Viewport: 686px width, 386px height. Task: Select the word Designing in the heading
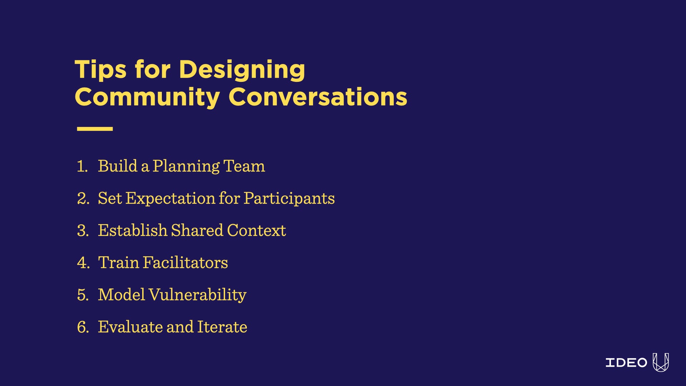pyautogui.click(x=242, y=70)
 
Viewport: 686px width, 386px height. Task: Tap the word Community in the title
pyautogui.click(x=147, y=97)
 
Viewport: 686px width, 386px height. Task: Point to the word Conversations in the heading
pyautogui.click(x=318, y=97)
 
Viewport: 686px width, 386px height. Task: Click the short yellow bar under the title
pyautogui.click(x=95, y=129)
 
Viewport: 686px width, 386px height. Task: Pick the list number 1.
pyautogui.click(x=82, y=166)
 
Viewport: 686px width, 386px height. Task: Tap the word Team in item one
pyautogui.click(x=244, y=166)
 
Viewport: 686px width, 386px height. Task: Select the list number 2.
pyautogui.click(x=83, y=198)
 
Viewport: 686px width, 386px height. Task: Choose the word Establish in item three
pyautogui.click(x=133, y=230)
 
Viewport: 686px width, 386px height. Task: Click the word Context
pyautogui.click(x=257, y=231)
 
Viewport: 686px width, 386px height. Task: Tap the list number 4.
pyautogui.click(x=83, y=263)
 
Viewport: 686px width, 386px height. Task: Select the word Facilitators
pyautogui.click(x=185, y=262)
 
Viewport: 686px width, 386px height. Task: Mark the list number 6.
pyautogui.click(x=83, y=327)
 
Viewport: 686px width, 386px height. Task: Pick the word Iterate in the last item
pyautogui.click(x=222, y=327)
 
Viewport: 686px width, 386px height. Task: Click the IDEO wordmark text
pyautogui.click(x=626, y=363)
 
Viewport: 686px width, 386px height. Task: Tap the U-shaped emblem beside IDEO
pyautogui.click(x=661, y=362)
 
